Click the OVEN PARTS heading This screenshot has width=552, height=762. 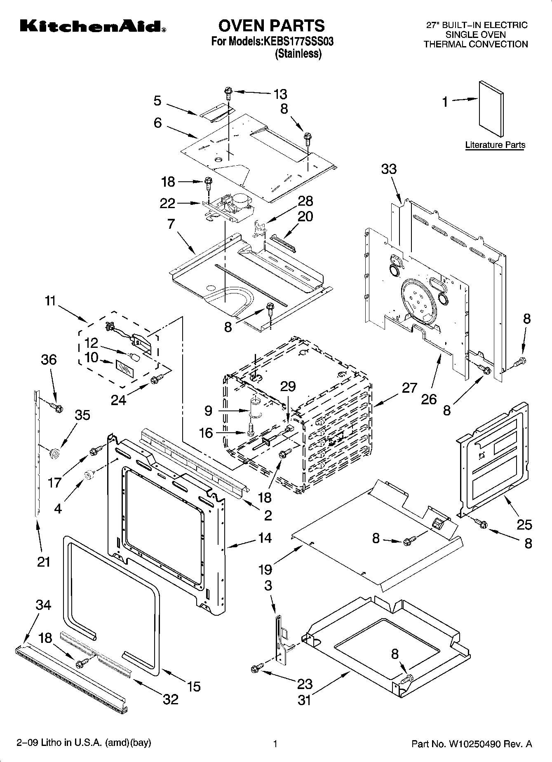tap(271, 26)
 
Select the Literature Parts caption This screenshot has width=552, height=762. tap(495, 145)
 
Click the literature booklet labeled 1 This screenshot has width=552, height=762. tap(491, 109)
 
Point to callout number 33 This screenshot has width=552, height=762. tap(389, 169)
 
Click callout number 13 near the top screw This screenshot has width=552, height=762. tap(280, 94)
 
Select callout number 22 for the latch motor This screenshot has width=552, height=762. tap(167, 203)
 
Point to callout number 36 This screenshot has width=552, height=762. tap(49, 359)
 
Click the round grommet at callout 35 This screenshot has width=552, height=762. tap(54, 454)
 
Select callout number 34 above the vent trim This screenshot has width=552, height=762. tap(43, 605)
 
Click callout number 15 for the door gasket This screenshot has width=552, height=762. tap(193, 686)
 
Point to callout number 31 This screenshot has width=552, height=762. tap(304, 700)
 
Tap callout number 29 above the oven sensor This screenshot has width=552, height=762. tap(288, 386)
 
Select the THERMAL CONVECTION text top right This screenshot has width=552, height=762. tap(476, 44)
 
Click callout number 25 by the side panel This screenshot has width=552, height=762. tap(524, 525)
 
